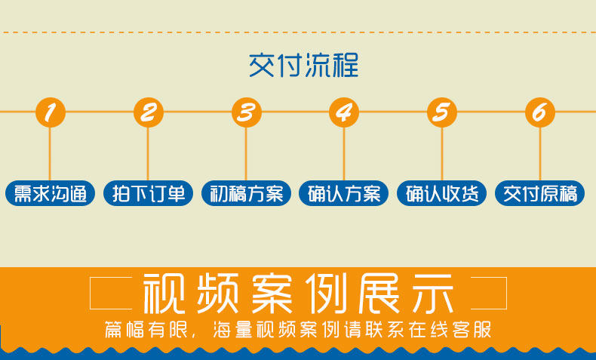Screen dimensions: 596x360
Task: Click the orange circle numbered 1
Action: tap(50, 112)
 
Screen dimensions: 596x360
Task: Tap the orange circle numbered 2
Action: tap(148, 112)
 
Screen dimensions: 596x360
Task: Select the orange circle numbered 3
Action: tap(246, 112)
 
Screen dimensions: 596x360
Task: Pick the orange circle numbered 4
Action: tap(344, 112)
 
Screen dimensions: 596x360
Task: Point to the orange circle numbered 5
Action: tap(442, 112)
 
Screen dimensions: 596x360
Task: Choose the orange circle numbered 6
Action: tap(540, 112)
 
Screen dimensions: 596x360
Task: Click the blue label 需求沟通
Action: tap(50, 194)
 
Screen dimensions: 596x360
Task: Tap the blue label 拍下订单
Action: tap(148, 194)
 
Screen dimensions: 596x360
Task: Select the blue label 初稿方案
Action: tap(246, 194)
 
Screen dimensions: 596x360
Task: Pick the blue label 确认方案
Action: tap(344, 194)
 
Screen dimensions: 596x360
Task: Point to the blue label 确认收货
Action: tap(442, 194)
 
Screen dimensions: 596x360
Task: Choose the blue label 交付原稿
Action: tap(540, 194)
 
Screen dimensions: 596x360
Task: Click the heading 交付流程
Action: tap(303, 66)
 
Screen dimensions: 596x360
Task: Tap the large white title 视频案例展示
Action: tap(298, 294)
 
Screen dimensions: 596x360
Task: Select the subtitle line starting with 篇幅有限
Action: tap(298, 330)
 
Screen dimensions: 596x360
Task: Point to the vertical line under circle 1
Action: tap(50, 155)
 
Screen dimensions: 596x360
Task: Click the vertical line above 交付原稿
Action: tap(540, 155)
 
